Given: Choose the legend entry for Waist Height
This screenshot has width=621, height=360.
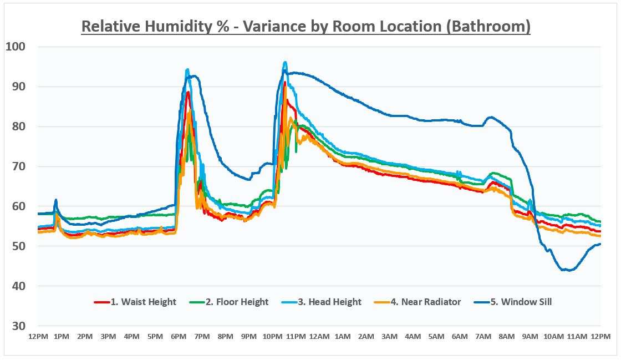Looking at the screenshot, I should pos(135,302).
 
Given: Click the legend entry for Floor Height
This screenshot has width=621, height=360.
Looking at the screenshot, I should pos(228,302).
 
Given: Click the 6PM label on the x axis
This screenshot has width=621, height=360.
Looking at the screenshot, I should pos(179,337).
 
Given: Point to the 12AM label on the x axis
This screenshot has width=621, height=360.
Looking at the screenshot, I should pos(319,337).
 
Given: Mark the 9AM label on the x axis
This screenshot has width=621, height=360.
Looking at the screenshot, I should pos(530,337).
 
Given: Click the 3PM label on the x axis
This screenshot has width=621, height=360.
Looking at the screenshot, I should pos(108,337).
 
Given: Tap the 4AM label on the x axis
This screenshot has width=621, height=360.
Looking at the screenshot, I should pos(413,337).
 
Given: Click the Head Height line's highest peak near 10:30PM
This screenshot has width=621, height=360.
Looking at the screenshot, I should pos(285,62).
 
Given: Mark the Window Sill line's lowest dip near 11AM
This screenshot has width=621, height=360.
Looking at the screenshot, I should pos(568,270).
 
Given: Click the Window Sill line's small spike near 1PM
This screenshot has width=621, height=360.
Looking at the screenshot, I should pos(56,200).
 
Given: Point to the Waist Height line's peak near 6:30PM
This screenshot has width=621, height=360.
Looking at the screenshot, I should pos(188,92).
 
